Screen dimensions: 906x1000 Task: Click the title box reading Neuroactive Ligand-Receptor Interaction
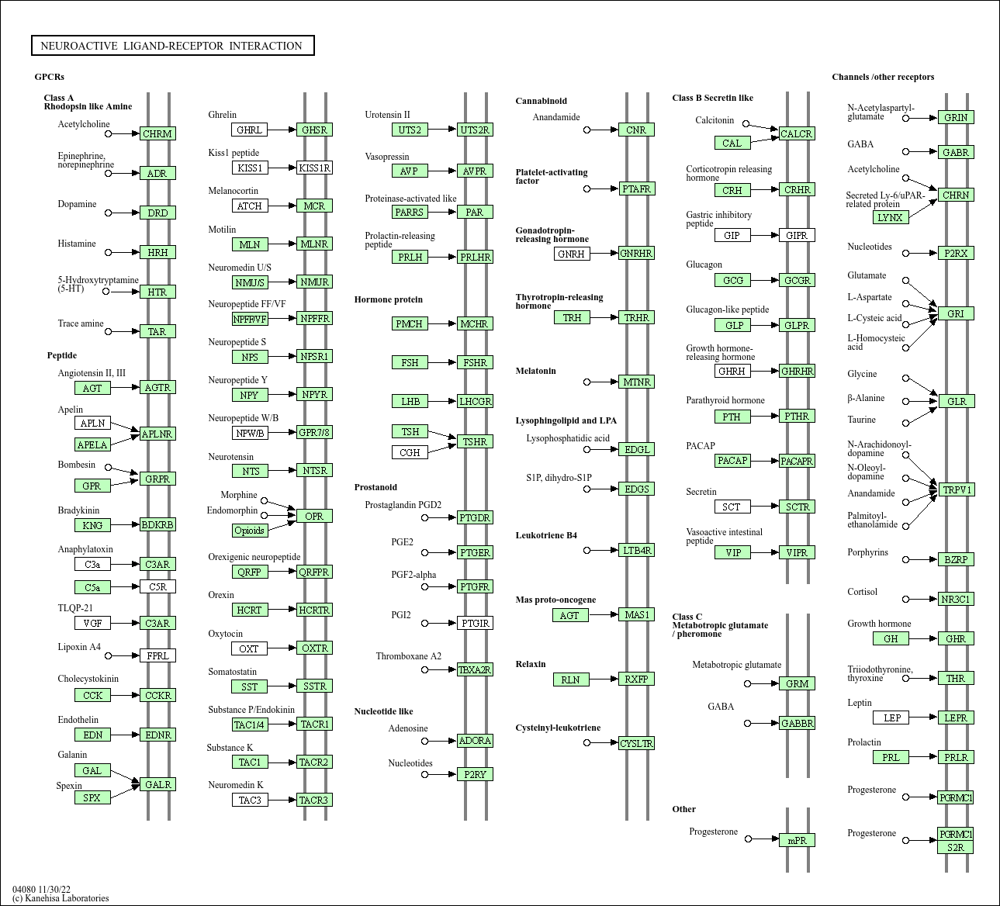172,46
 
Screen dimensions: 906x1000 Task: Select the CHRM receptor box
157,133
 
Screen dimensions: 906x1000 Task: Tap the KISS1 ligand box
250,168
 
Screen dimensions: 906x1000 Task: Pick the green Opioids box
250,531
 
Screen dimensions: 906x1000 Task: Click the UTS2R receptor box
475,130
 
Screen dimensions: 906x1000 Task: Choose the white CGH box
410,452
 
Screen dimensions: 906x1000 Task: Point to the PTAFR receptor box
636,188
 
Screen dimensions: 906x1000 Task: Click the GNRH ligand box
572,254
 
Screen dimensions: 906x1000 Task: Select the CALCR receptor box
796,133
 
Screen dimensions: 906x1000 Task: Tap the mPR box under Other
797,840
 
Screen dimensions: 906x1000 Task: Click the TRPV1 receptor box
956,489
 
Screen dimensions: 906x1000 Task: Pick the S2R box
955,847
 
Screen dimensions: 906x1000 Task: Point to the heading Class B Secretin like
712,98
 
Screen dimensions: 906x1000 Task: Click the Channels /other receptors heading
883,77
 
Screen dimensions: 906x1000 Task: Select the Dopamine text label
77,204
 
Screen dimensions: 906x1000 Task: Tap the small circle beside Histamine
109,252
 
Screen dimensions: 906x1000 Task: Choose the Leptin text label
860,703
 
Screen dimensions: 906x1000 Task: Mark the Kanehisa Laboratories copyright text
61,898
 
